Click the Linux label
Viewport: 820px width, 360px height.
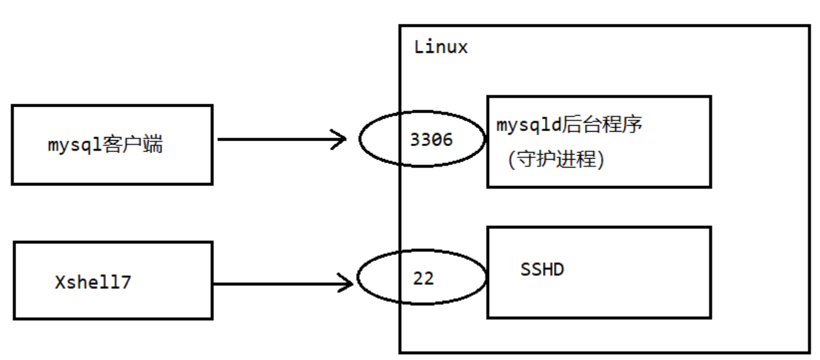[x=441, y=47]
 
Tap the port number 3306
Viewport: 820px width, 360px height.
[x=431, y=139]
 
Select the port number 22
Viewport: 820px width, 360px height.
[x=423, y=278]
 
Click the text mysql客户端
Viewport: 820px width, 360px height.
[x=105, y=145]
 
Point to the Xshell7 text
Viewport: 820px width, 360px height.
[x=92, y=282]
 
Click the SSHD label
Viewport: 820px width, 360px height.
[x=542, y=269]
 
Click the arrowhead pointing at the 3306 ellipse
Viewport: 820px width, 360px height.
[x=341, y=140]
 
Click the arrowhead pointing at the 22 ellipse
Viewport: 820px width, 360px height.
[x=346, y=283]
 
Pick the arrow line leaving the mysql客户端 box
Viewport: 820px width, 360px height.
[x=274, y=140]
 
